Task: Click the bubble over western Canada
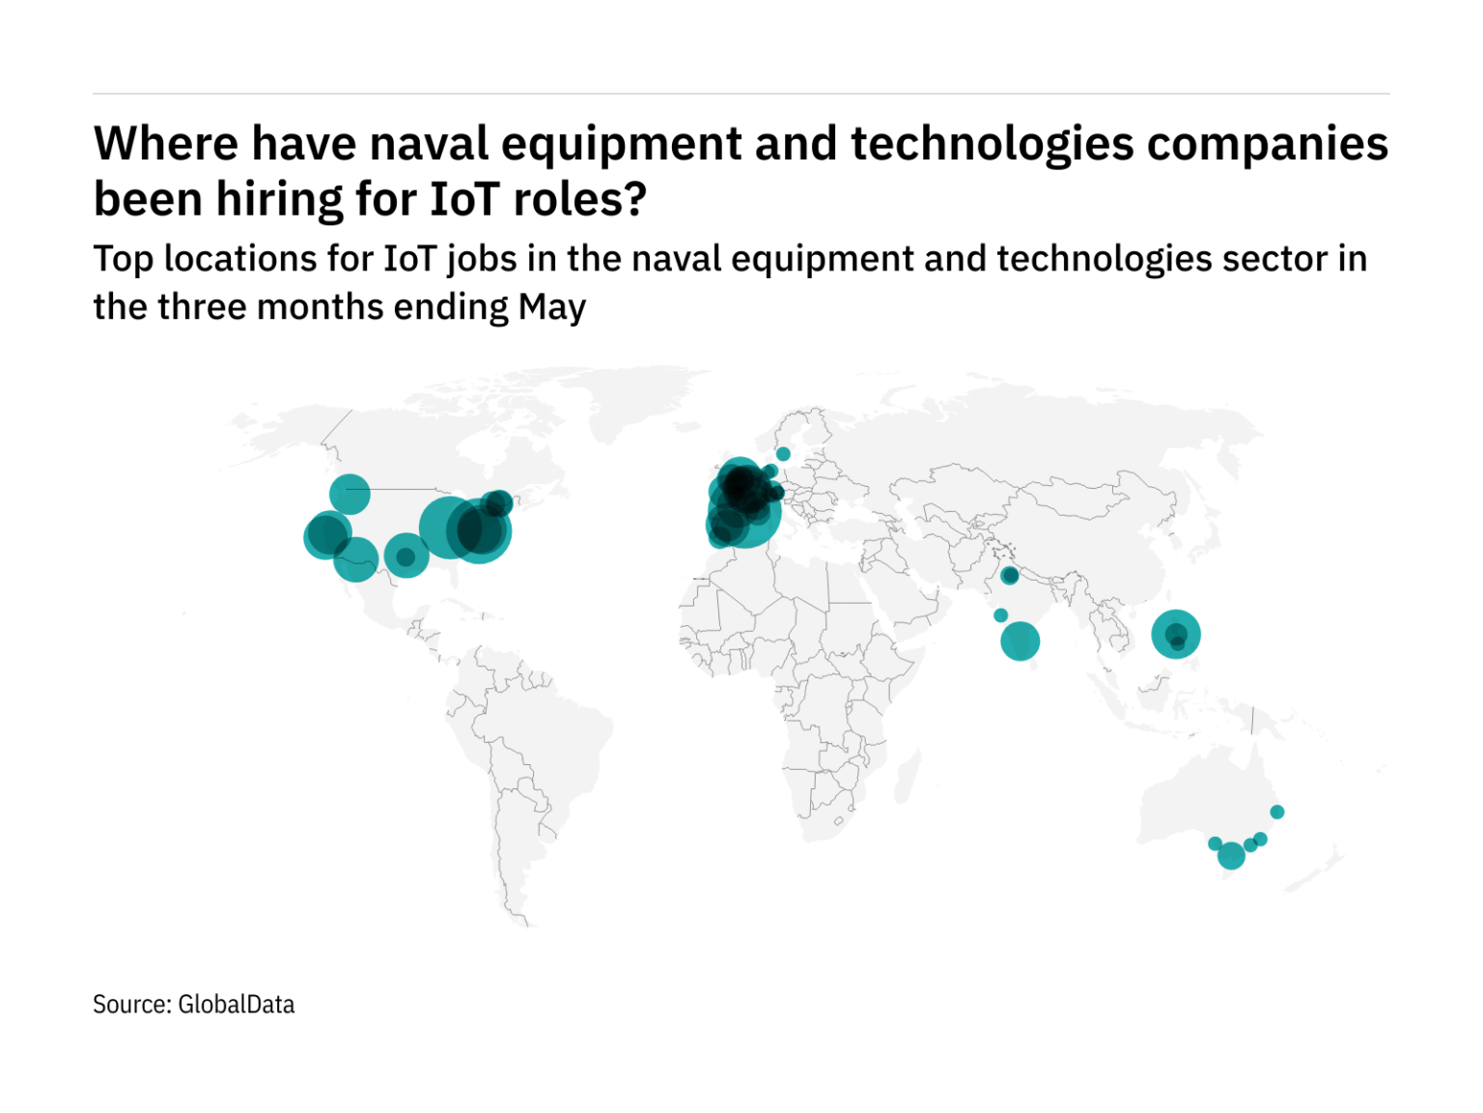350,495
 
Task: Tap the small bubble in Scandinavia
783,454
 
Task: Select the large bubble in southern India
1020,641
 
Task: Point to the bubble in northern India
1009,576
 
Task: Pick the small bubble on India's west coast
1000,615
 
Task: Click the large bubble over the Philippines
1175,635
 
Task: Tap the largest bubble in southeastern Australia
1231,856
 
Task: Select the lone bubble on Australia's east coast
1276,813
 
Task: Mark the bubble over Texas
406,556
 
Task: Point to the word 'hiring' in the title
280,200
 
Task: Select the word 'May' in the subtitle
552,307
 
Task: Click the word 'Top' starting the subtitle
124,259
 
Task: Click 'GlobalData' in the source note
237,1005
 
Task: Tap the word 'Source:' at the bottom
132,1005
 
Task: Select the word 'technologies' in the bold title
992,144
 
